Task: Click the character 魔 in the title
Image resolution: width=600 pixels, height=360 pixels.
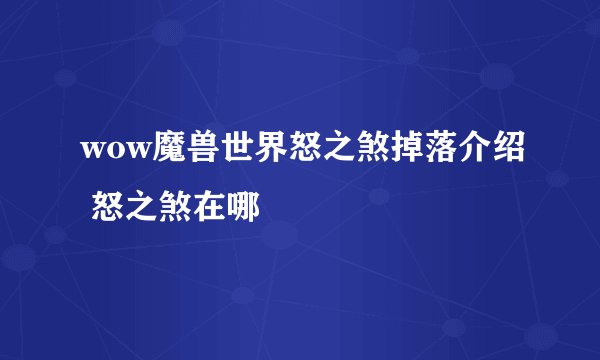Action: click(166, 150)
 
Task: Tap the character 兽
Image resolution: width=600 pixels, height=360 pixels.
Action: click(199, 150)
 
